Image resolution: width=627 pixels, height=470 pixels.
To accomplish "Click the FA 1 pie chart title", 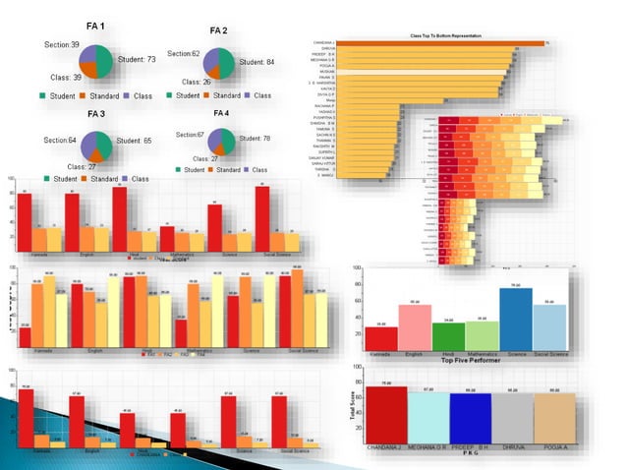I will click(97, 25).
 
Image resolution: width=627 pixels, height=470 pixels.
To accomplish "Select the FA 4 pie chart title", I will click(220, 113).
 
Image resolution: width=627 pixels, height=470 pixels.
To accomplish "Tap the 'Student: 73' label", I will click(137, 60).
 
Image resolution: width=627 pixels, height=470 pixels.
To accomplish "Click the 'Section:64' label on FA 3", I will click(59, 141).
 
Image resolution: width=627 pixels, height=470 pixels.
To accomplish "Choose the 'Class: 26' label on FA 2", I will click(193, 83).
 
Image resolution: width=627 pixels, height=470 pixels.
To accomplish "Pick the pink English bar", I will click(415, 326).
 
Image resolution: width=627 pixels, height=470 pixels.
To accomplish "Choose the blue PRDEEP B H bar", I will click(470, 417).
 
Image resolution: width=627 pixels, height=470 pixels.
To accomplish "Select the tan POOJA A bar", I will click(554, 417).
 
